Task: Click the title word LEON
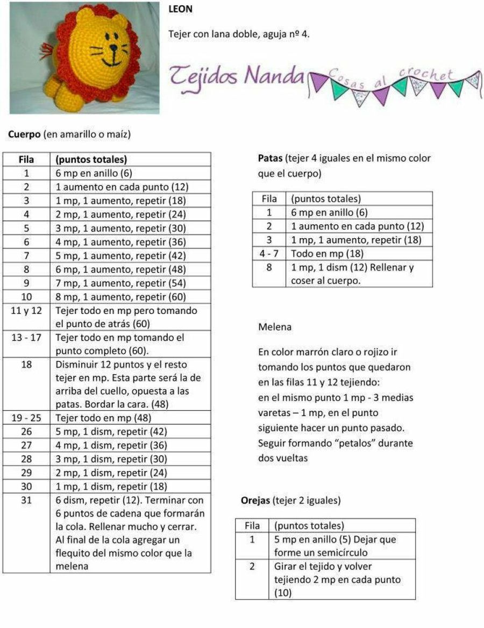pyautogui.click(x=181, y=10)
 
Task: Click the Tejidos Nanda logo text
pyautogui.click(x=237, y=76)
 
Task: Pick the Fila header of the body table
pyautogui.click(x=26, y=160)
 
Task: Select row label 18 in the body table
pyautogui.click(x=26, y=364)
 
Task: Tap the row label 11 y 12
pyautogui.click(x=26, y=310)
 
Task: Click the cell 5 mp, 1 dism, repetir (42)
pyautogui.click(x=111, y=431)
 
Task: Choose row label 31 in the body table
pyautogui.click(x=26, y=500)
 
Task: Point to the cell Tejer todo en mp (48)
pyautogui.click(x=104, y=418)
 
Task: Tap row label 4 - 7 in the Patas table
pyautogui.click(x=269, y=253)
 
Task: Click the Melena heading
pyautogui.click(x=275, y=326)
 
